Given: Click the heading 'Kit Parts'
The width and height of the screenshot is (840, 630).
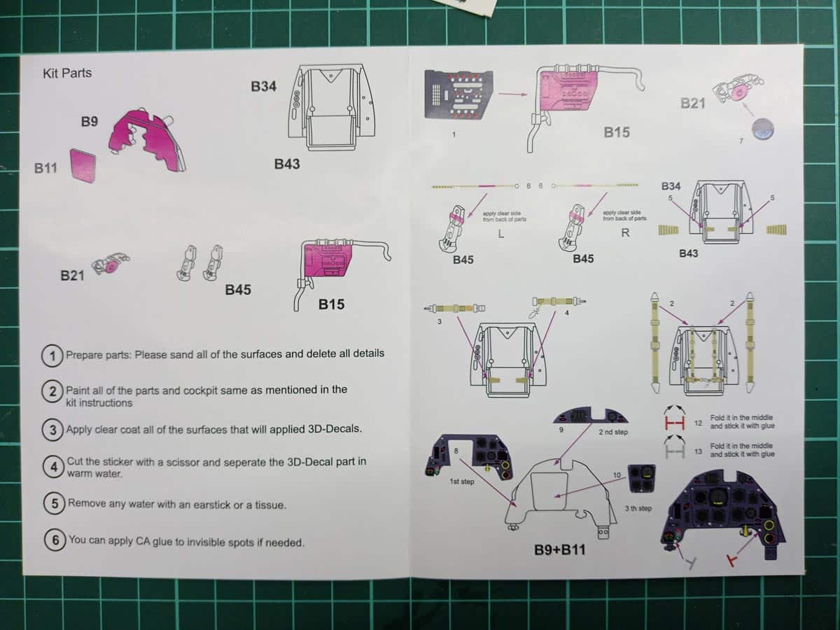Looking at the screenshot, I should [x=67, y=73].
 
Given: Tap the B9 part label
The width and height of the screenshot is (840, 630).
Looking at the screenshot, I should [x=89, y=122].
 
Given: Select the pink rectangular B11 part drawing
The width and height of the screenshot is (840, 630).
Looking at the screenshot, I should [x=83, y=165].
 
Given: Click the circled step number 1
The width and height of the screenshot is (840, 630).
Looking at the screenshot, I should [x=52, y=355].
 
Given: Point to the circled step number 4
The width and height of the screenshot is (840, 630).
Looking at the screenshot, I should [x=53, y=467].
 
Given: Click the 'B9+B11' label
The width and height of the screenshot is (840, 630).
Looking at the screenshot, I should [x=559, y=550].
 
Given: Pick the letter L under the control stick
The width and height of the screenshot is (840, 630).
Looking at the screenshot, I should [x=500, y=234].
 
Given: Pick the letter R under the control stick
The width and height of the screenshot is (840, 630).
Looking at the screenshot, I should [x=624, y=234].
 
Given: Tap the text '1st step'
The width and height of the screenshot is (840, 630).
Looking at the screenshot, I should [x=463, y=482].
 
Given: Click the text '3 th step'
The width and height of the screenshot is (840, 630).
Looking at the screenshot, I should [x=638, y=508].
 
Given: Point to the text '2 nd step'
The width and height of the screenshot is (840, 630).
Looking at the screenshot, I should [x=613, y=433].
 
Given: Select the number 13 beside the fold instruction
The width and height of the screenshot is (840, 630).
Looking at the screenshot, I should [x=698, y=451].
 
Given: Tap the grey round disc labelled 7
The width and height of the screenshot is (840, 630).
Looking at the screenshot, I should [x=762, y=128].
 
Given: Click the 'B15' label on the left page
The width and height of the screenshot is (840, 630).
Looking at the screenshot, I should [x=331, y=304].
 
